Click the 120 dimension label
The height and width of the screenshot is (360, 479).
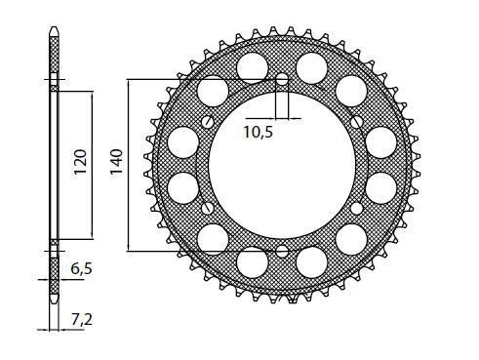pos(80,162)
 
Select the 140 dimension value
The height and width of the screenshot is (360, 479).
pos(116,162)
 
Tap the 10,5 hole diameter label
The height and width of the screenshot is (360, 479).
pos(259,132)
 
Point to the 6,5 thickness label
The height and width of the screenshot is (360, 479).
pos(81,269)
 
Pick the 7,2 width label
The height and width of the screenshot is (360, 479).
pos(81,320)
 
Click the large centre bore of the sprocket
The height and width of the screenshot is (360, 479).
pos(282,165)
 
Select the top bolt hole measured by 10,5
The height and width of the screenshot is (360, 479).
pos(282,79)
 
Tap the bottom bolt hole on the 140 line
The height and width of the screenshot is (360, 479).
pos(282,251)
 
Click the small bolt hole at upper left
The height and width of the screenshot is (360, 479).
pos(208,122)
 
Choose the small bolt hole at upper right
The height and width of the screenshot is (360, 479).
pos(356,122)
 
